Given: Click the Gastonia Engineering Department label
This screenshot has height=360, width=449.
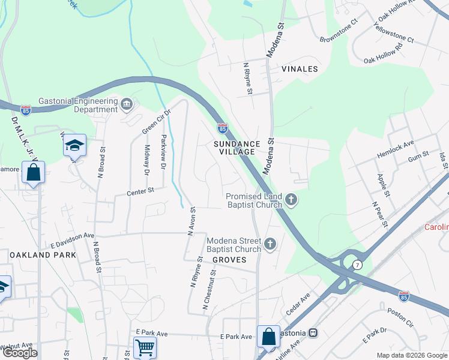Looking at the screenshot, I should coord(78,106).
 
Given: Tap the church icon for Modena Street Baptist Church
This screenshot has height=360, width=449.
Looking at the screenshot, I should coord(270,244).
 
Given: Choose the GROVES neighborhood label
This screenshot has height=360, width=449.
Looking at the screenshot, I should coord(229,260).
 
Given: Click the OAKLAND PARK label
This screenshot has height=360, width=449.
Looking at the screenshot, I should coord(43,255).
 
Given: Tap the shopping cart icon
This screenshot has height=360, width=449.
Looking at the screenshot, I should coord(145,347).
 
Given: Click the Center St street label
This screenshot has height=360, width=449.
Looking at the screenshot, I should coord(140,191).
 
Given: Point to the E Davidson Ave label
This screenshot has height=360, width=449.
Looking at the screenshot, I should coord(72,239).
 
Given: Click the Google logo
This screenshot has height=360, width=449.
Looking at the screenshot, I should coord(20,353).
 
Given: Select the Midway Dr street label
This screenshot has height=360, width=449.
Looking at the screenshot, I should coord(146,160).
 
